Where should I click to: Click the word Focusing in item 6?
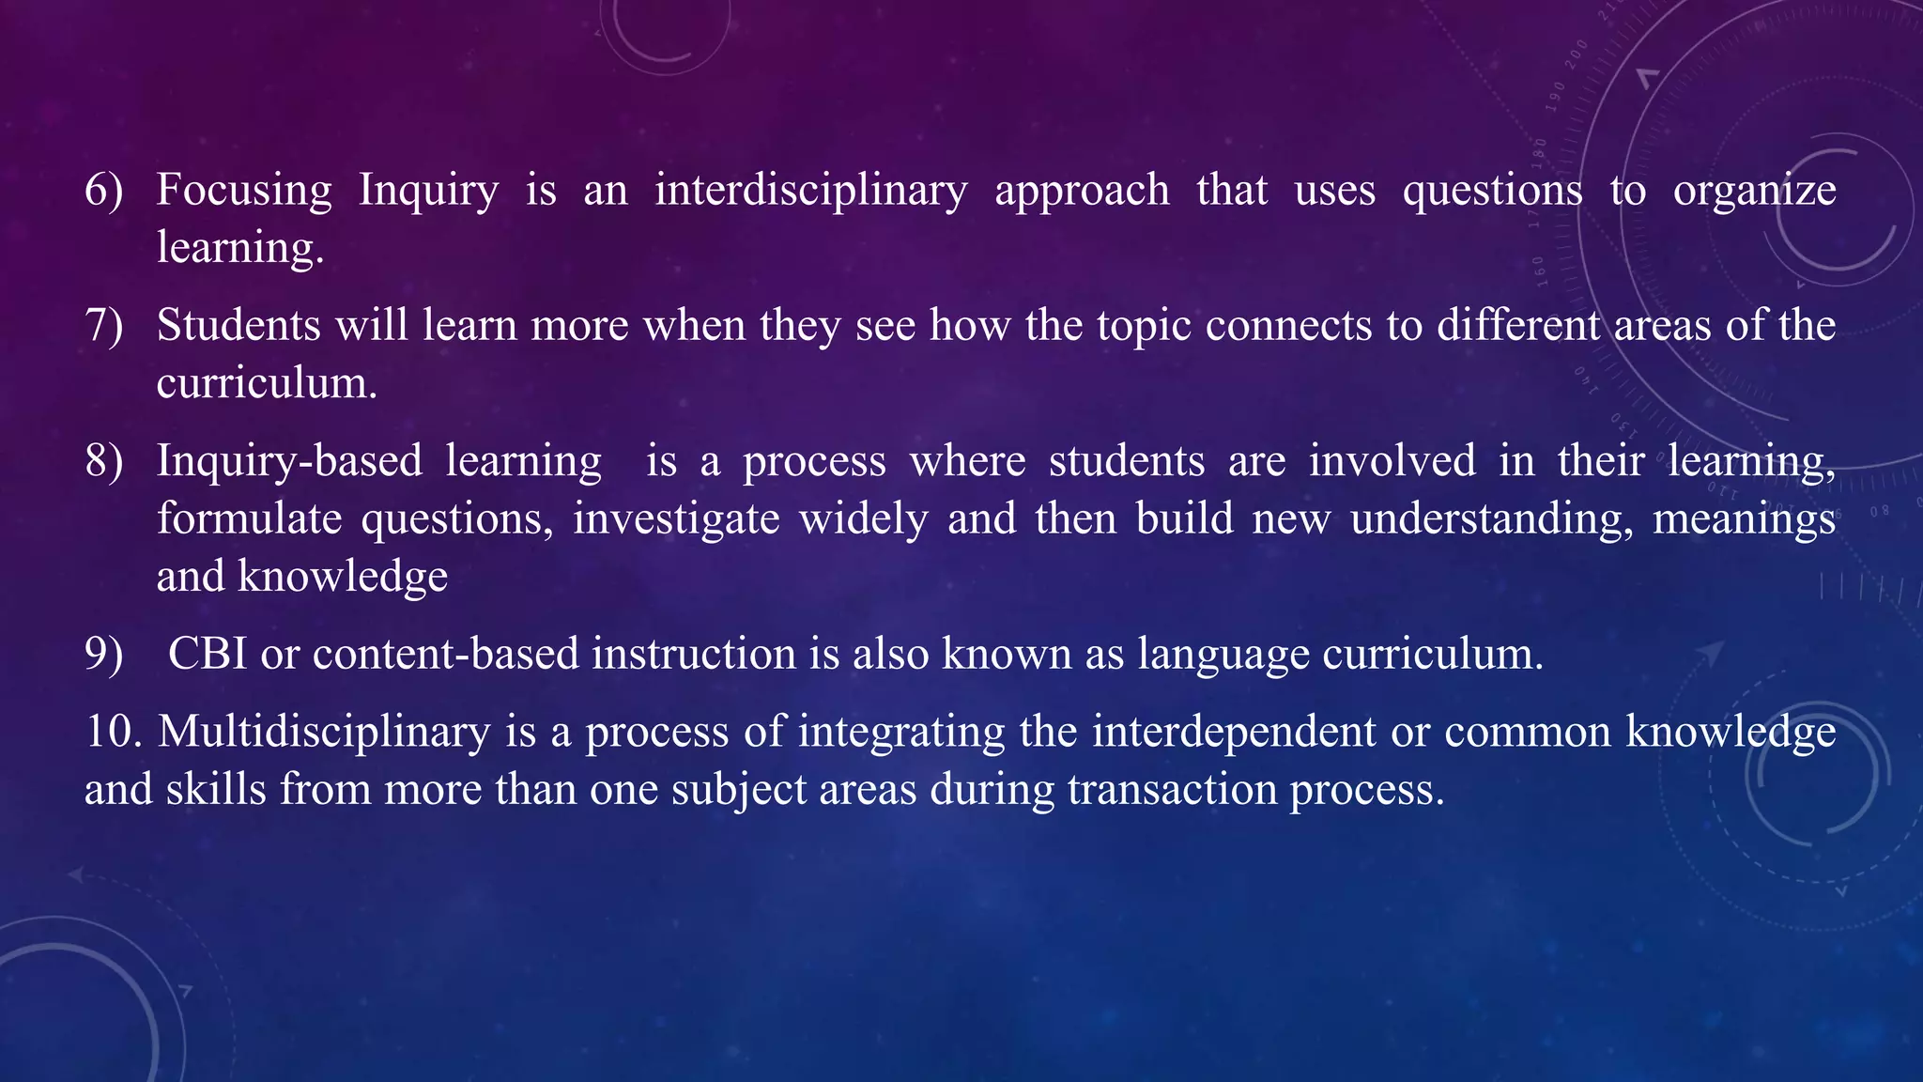[x=244, y=191]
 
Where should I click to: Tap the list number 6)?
[x=104, y=191]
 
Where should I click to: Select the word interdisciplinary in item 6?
[x=811, y=191]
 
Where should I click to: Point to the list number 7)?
[x=104, y=326]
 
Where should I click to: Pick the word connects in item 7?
[x=1288, y=326]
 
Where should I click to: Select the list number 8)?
[x=104, y=461]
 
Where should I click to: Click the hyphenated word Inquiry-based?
[x=289, y=461]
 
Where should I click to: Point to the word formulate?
[x=250, y=519]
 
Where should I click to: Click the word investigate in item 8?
[x=676, y=519]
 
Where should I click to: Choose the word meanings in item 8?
[x=1744, y=519]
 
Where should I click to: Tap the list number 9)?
[x=104, y=655]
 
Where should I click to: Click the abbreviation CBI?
[x=208, y=655]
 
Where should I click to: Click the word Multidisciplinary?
[x=324, y=732]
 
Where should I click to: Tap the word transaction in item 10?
[x=1173, y=790]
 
